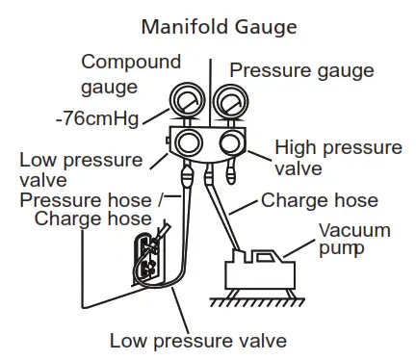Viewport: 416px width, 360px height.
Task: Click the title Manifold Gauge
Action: (x=219, y=27)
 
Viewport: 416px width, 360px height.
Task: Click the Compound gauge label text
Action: (x=131, y=74)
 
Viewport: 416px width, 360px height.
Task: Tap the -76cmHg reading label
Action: (x=97, y=118)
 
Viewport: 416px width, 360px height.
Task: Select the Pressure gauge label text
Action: (x=301, y=70)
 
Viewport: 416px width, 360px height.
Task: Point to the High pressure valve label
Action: (x=338, y=158)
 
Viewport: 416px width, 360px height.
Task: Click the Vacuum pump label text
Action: (x=354, y=240)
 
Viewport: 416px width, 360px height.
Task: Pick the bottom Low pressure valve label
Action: (x=198, y=341)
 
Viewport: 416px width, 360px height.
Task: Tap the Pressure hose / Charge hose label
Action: (x=91, y=210)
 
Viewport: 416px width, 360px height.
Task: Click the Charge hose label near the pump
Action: (x=320, y=200)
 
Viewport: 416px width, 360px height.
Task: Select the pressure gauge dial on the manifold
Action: (x=231, y=101)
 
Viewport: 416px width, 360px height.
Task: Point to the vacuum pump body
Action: (x=260, y=270)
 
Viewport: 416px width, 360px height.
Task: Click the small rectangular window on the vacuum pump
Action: (x=264, y=257)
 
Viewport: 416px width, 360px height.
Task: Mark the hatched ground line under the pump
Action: (x=257, y=301)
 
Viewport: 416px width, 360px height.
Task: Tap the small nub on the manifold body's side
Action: (x=168, y=141)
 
